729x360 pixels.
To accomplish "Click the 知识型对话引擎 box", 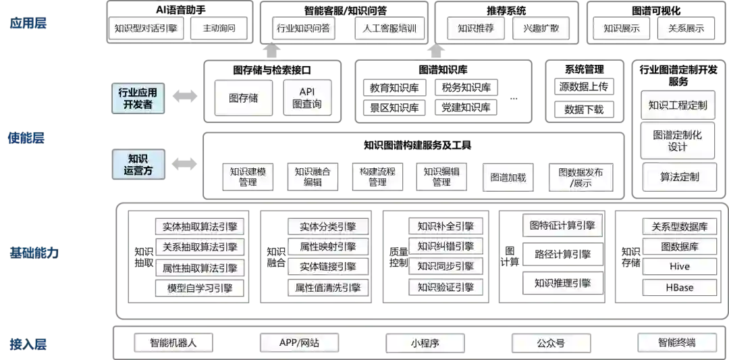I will [x=146, y=28].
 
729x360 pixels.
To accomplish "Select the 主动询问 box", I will [x=217, y=28].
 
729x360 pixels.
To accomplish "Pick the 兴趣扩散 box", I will [x=541, y=28].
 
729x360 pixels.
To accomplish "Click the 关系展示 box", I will [x=686, y=28].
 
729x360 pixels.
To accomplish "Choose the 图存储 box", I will [x=243, y=98].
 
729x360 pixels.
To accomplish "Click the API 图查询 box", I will [x=307, y=98].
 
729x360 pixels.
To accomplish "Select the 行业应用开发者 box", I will [x=138, y=99].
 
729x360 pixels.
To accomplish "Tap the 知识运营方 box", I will [x=138, y=164].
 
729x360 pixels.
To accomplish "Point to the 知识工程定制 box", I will [x=677, y=105].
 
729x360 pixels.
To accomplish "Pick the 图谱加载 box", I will [x=508, y=178].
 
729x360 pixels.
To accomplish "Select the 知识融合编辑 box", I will [x=313, y=176].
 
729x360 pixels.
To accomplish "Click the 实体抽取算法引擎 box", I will [x=200, y=227].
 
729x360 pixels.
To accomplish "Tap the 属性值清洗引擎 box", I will [x=328, y=288].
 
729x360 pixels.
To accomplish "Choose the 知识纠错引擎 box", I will [x=446, y=246].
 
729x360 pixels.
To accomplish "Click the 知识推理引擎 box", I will [x=562, y=283].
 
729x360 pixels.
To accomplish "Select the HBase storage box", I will [x=679, y=288].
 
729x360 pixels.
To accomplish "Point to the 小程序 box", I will [x=425, y=342].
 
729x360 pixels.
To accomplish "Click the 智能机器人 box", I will [x=173, y=342].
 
